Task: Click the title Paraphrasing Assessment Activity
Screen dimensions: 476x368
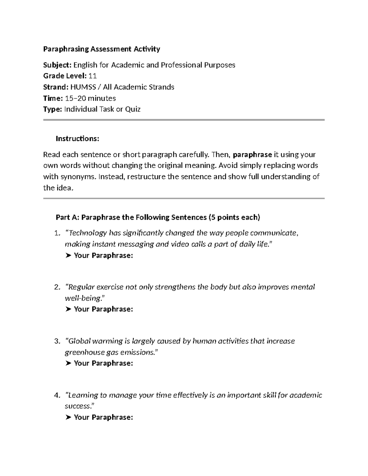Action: pos(102,49)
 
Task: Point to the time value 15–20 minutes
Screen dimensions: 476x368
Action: pos(91,98)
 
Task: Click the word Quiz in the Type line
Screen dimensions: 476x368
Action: pos(133,109)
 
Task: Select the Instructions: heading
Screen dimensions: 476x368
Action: pos(77,139)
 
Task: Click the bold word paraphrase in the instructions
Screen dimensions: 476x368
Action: pos(252,154)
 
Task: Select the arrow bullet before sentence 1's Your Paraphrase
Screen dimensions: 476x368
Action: pos(68,256)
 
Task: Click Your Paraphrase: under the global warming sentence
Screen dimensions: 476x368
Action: pos(103,363)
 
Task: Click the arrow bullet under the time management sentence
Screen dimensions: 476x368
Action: pos(68,417)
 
